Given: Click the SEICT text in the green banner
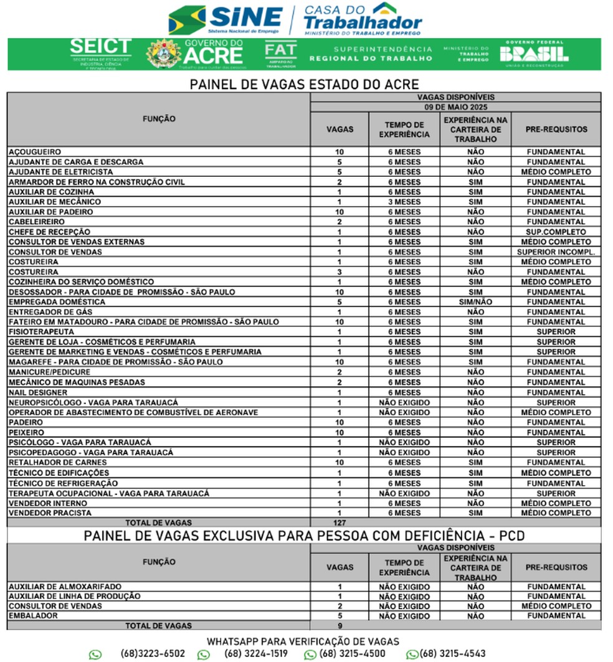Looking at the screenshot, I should (100, 47).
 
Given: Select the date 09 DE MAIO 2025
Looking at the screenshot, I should (455, 107).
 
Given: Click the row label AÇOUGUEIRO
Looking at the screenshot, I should (35, 152).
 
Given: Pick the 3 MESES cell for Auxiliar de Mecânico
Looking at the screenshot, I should (404, 202).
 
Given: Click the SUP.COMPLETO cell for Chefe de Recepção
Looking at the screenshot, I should (556, 232).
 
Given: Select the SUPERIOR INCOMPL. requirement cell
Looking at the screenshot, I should (556, 252).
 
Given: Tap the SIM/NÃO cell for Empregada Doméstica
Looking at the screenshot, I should (475, 302).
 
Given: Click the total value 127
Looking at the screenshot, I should (340, 523).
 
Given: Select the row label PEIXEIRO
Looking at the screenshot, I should (27, 432).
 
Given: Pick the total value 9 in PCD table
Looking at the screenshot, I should (340, 626).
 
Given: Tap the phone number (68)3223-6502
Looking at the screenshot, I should (153, 653).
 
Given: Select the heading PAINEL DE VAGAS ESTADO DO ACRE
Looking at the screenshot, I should (304, 85).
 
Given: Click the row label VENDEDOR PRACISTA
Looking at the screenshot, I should (50, 513).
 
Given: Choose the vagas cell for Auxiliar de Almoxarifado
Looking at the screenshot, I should (340, 587).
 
